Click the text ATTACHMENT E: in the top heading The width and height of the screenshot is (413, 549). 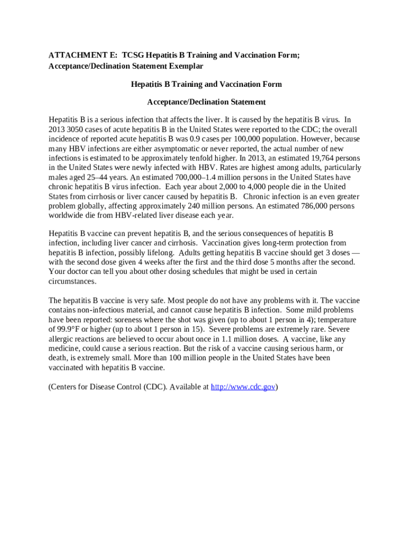[83, 55]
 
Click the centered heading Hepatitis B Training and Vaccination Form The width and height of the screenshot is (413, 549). [206, 84]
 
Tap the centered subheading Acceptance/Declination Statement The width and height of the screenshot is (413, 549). [206, 102]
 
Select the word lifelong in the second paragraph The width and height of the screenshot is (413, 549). [159, 253]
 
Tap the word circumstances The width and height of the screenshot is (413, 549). [72, 281]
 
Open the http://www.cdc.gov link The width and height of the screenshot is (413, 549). [243, 387]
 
